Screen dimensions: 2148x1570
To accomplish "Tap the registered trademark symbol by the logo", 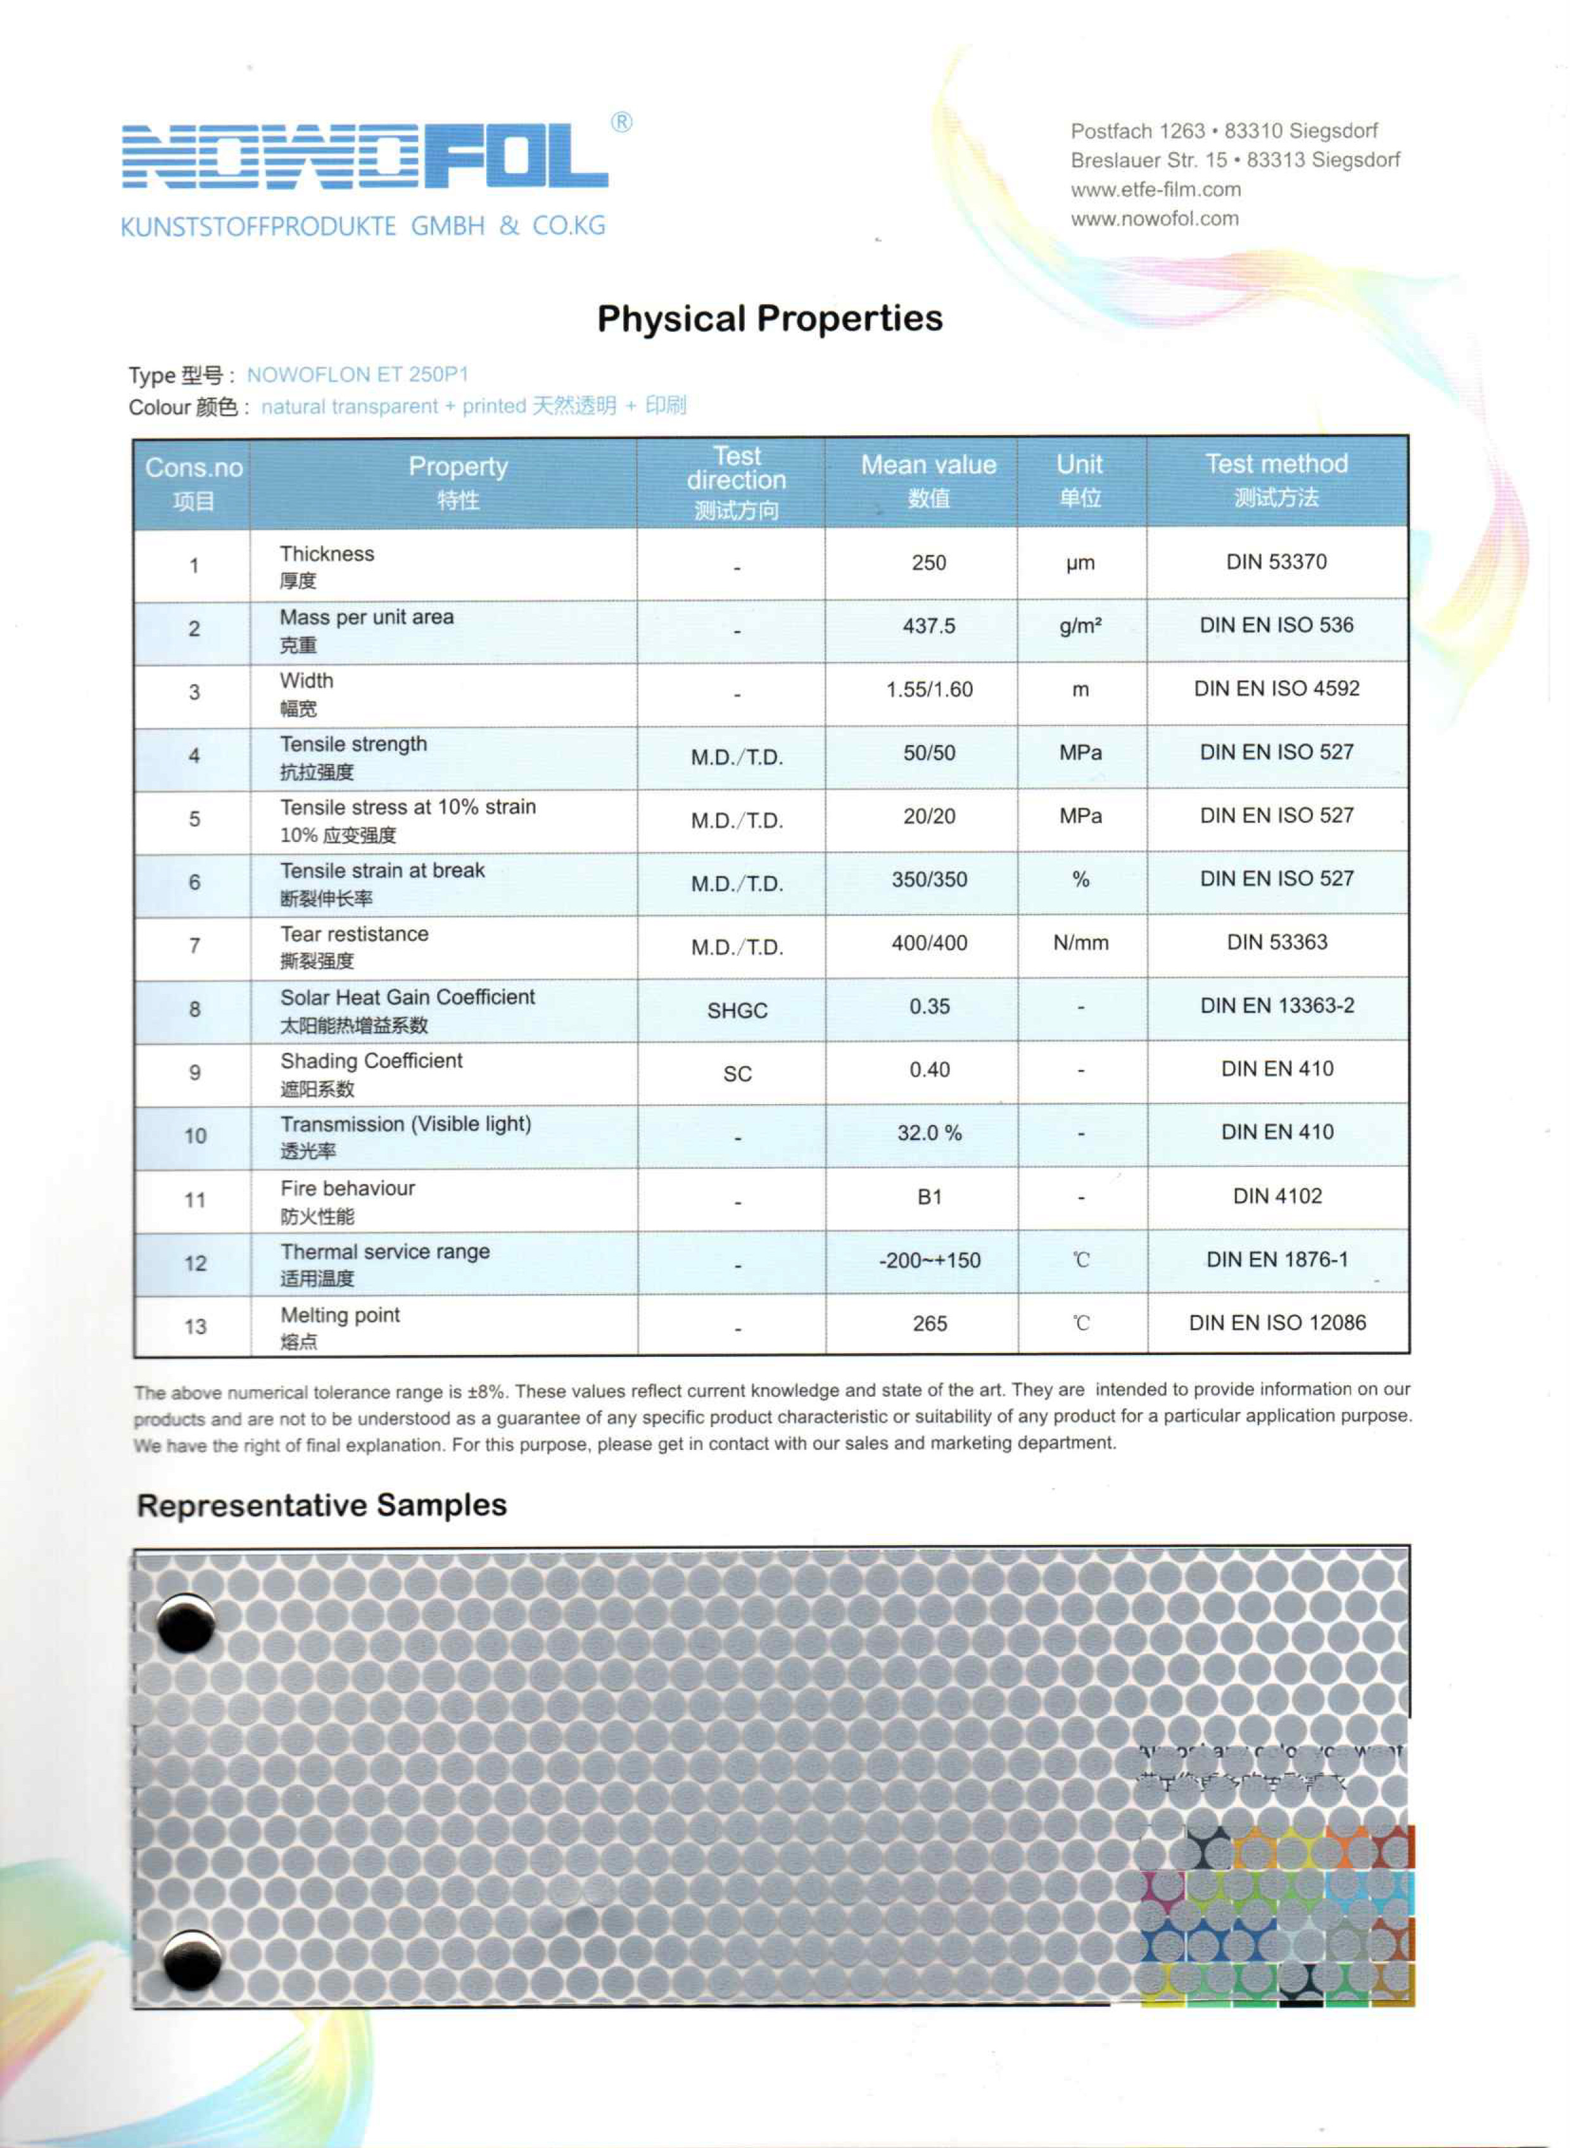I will pyautogui.click(x=621, y=123).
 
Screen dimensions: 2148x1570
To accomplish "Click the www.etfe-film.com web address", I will pyautogui.click(x=1156, y=189).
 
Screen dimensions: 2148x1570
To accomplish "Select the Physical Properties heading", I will pyautogui.click(x=769, y=319).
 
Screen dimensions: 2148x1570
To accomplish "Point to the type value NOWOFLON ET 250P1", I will pyautogui.click(x=357, y=374).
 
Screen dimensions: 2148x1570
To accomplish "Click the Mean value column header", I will pyautogui.click(x=928, y=480).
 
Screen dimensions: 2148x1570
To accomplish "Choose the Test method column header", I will pyautogui.click(x=1276, y=480).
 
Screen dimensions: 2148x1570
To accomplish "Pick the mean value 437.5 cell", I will pyautogui.click(x=928, y=626).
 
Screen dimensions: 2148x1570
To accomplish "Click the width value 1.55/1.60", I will pyautogui.click(x=928, y=690).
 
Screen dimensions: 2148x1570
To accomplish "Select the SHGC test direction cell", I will pyautogui.click(x=737, y=1010).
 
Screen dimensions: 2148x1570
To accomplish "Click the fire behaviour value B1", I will pyautogui.click(x=928, y=1198).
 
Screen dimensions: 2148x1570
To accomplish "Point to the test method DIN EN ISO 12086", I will pyautogui.click(x=1277, y=1323).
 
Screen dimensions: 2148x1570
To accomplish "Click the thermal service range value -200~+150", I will pyautogui.click(x=928, y=1261).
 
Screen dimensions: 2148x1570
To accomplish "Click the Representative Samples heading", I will pyautogui.click(x=321, y=1506).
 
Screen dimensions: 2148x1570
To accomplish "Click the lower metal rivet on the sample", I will pyautogui.click(x=191, y=1960).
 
